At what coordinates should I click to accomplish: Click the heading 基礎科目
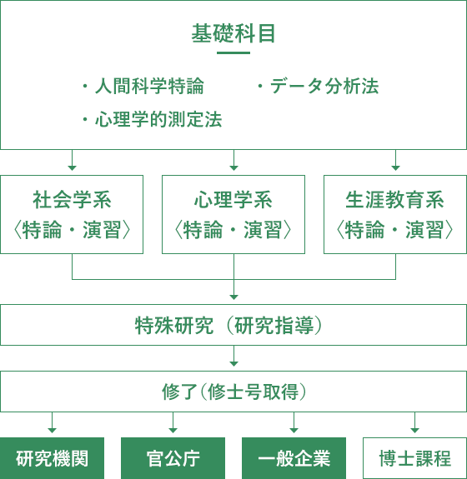[233, 33]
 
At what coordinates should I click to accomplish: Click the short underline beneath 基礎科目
[233, 52]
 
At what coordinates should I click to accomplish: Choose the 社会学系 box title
[72, 200]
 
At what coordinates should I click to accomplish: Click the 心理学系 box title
[233, 200]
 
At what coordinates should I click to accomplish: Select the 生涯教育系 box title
[394, 200]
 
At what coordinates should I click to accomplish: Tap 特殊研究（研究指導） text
[228, 326]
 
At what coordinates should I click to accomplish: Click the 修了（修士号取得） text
[234, 392]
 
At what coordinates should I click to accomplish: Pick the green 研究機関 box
[52, 458]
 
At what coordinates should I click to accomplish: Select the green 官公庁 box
[173, 458]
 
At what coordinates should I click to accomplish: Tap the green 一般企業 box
[294, 458]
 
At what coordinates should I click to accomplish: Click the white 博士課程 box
[414, 458]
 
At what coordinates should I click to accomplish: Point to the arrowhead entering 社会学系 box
[73, 168]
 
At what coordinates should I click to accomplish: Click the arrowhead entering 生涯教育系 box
[396, 168]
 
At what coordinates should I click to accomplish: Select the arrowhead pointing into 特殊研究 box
[234, 297]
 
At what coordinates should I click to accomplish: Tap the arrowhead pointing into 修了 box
[234, 364]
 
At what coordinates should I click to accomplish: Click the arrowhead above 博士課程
[414, 431]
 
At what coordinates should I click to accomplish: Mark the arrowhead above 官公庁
[173, 431]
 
